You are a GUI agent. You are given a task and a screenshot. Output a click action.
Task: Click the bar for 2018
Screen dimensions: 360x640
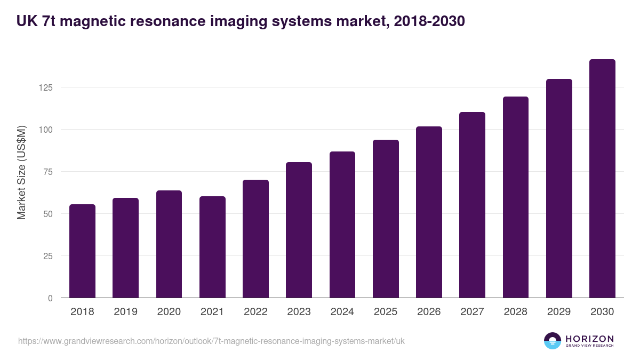coord(82,251)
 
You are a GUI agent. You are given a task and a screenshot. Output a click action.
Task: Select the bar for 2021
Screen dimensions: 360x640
coord(212,247)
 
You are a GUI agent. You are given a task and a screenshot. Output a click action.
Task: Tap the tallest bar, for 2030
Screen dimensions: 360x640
coord(602,179)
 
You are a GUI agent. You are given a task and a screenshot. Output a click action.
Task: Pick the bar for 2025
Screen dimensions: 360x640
coord(386,219)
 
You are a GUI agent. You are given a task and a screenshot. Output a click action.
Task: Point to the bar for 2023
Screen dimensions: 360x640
coord(299,230)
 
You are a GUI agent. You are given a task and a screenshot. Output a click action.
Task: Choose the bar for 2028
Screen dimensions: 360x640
coord(516,197)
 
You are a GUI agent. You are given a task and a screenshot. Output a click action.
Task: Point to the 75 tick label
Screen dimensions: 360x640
coord(49,172)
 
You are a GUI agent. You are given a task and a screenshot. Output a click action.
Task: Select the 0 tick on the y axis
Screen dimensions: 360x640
coord(51,298)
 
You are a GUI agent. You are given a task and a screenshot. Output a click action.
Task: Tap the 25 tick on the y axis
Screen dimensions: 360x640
coord(49,256)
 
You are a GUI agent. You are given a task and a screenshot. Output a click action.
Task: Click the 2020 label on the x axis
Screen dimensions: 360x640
coord(169,312)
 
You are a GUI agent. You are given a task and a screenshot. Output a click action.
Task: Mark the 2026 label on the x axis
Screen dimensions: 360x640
coord(429,312)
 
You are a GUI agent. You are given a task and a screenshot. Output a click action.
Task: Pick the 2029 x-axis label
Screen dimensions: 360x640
coord(559,312)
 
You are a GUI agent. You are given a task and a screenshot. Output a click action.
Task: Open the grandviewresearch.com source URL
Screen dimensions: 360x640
coord(208,341)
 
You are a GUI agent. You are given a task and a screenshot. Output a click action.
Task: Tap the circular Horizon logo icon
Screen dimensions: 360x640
coord(553,341)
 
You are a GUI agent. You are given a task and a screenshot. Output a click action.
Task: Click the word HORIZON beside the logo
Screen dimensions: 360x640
coord(589,339)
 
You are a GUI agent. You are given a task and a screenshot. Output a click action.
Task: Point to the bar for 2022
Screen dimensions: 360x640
coord(255,239)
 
